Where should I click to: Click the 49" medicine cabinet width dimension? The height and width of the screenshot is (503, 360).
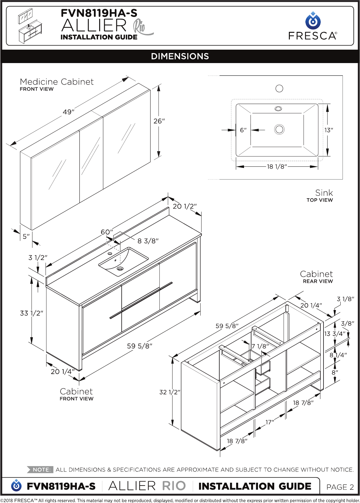tap(68, 112)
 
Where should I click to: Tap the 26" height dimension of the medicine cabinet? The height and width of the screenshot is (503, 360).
tap(159, 121)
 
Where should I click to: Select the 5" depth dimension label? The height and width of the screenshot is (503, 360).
tap(26, 236)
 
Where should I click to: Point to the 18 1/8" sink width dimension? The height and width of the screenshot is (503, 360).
tap(277, 167)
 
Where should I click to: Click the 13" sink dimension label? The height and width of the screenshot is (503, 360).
tap(328, 130)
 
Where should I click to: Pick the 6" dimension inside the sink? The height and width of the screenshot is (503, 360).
tap(243, 130)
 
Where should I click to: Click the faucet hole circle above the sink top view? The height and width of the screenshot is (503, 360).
tap(279, 88)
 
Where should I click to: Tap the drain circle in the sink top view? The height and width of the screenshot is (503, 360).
tap(279, 130)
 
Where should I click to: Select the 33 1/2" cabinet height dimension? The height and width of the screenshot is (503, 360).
tap(32, 313)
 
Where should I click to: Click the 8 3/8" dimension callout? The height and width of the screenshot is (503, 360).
tap(148, 241)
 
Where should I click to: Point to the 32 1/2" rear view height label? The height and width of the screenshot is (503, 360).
tap(170, 392)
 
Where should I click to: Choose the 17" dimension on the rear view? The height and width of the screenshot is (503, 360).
tap(270, 422)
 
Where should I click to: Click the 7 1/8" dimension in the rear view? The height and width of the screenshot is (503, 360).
tap(260, 346)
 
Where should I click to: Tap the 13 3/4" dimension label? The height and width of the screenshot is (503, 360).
tap(335, 334)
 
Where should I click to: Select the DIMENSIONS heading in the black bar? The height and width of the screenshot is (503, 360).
tap(180, 57)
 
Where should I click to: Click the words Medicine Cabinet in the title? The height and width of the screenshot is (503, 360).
tap(57, 82)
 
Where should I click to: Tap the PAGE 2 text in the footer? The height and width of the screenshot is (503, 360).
tap(340, 487)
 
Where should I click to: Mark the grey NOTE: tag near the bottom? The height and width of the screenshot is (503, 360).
tap(40, 470)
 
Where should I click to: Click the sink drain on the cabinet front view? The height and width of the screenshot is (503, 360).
tap(120, 268)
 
